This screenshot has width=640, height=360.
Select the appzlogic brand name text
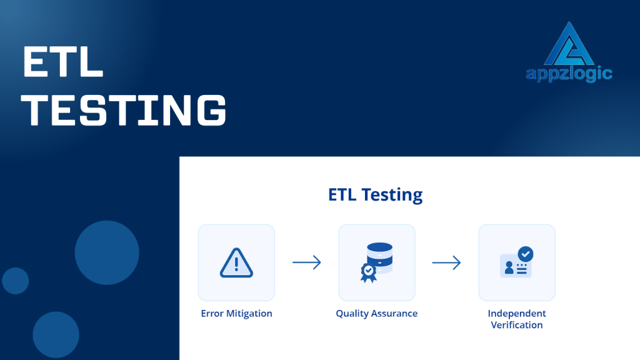coord(569,74)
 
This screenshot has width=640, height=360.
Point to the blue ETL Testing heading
coord(375,194)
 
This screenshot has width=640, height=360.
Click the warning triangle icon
coord(236,263)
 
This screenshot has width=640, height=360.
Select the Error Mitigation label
coord(236,313)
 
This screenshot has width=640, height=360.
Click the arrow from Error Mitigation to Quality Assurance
coord(306,262)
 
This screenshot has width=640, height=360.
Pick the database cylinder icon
coord(379,256)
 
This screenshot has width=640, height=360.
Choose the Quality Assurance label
coord(376,313)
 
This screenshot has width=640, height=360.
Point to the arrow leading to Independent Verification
coord(446,262)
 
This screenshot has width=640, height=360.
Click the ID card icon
coord(515,266)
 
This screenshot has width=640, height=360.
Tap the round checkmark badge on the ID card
coord(526,254)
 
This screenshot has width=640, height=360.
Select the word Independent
coord(517,313)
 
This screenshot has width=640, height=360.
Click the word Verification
coord(517,325)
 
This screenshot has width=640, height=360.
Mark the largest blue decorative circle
coord(107,252)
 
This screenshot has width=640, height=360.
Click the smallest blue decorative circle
coord(16,281)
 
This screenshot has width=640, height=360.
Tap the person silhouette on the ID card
coord(509,267)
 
